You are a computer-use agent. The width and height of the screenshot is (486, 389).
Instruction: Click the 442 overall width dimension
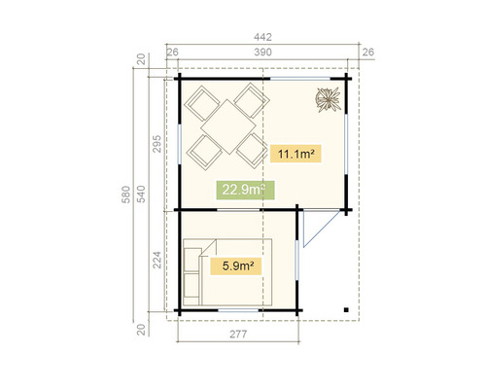point(262,37)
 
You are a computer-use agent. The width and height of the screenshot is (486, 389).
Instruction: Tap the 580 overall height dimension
point(125,195)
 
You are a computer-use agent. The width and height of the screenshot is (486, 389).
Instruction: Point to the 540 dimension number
point(139,195)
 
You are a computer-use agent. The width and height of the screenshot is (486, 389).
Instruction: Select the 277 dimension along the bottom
point(239,335)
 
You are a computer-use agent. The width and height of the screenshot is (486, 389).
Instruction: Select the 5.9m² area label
point(238,265)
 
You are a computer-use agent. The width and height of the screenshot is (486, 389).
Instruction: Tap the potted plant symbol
point(328,98)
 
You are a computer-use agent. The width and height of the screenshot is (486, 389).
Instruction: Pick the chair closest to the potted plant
point(254,100)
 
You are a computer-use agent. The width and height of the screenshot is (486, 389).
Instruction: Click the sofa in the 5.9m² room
point(191,271)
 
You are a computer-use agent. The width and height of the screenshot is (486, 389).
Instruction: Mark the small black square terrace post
point(345,309)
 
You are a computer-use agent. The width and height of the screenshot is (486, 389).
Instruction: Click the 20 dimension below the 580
point(139,329)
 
